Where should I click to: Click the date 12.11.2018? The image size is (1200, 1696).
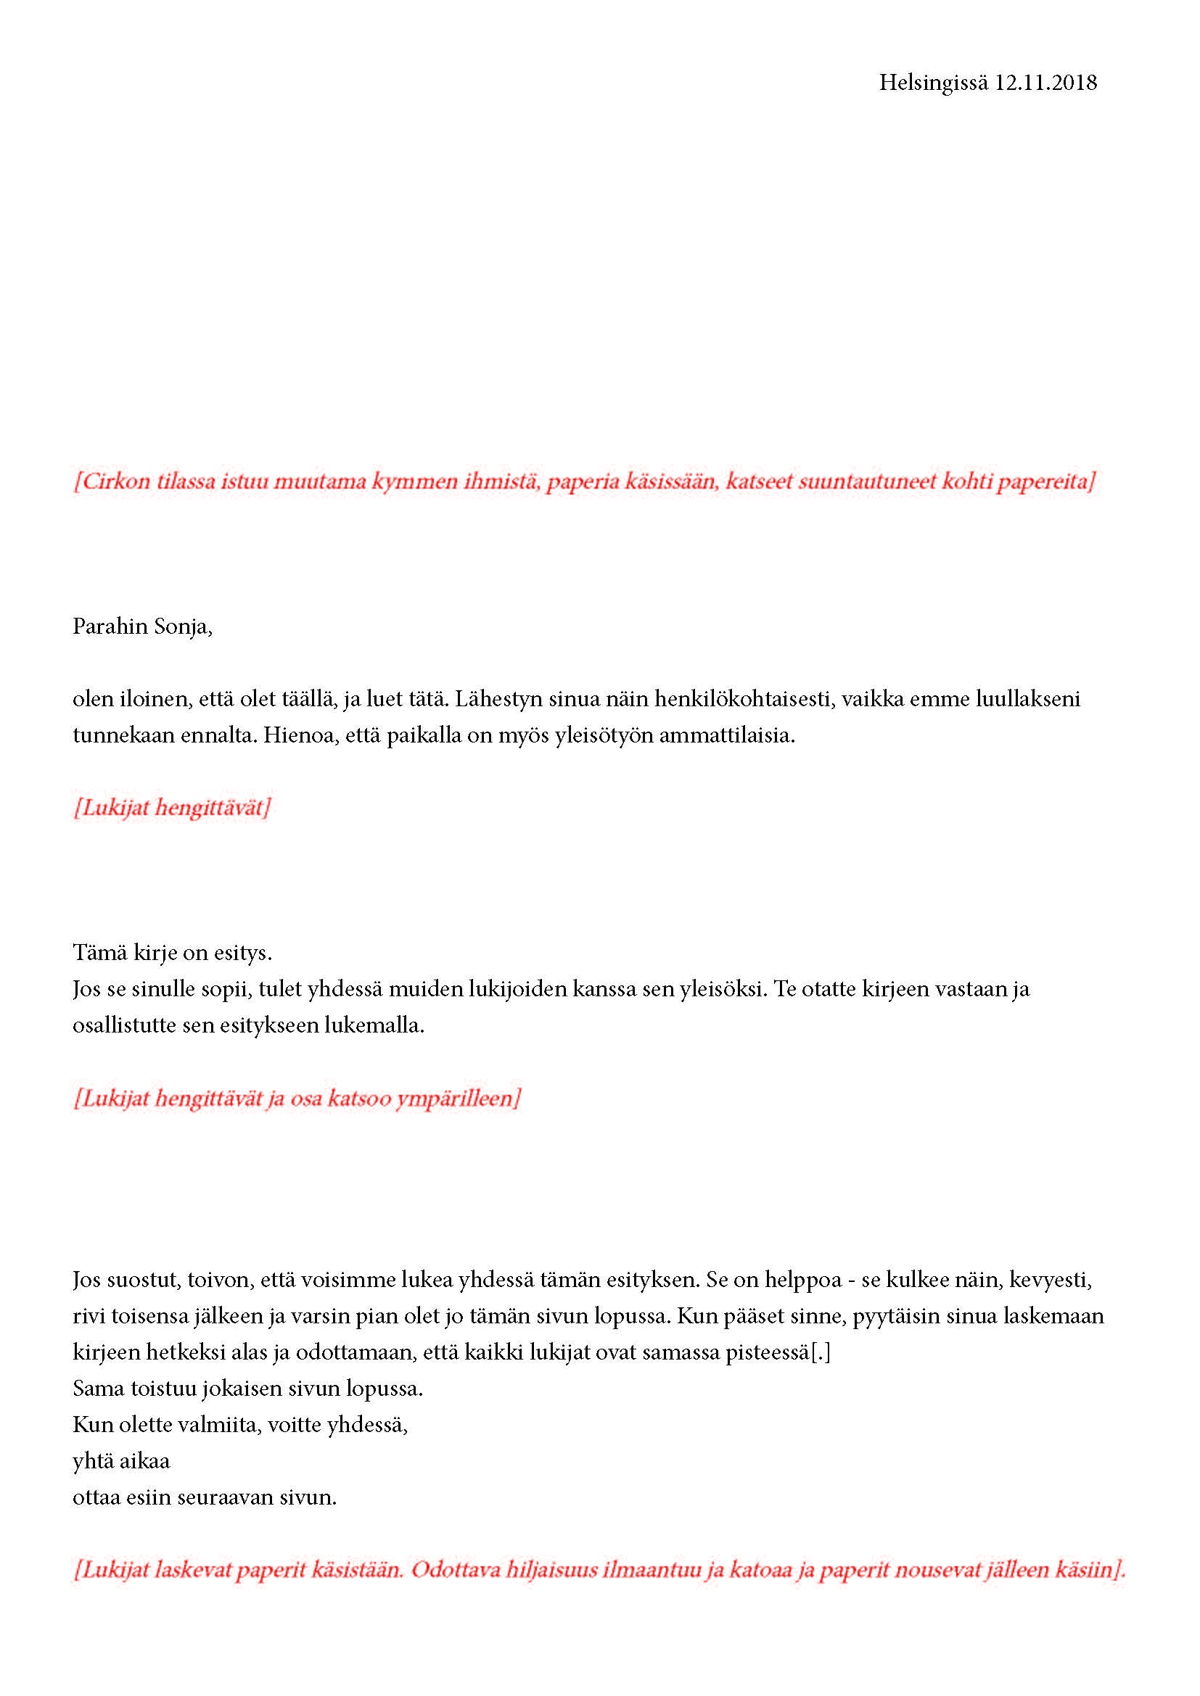[1045, 83]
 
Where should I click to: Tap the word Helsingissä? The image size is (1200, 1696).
[932, 83]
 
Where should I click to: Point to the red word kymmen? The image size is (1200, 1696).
[414, 481]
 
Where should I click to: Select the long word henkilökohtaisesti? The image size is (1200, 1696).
[744, 699]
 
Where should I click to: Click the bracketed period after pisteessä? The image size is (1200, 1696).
[821, 1352]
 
